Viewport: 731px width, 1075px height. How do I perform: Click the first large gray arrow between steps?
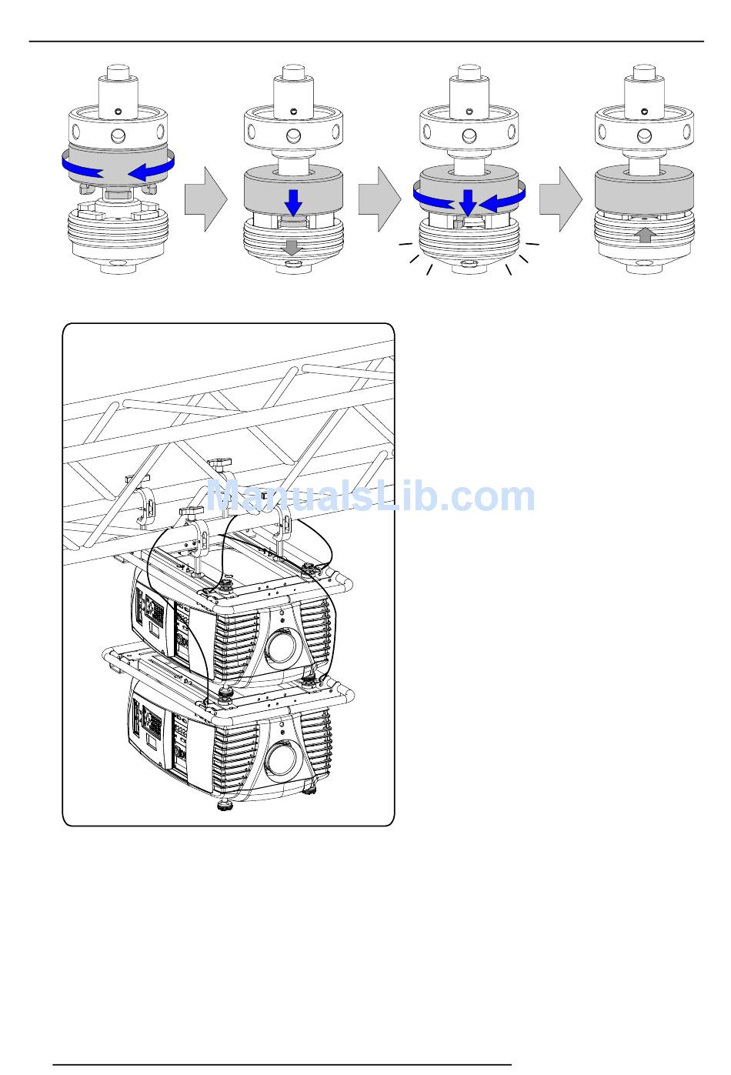pyautogui.click(x=205, y=199)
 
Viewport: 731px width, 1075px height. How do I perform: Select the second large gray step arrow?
pyautogui.click(x=379, y=199)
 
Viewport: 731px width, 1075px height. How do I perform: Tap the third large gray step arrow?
pyautogui.click(x=561, y=199)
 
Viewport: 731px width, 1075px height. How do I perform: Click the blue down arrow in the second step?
pyautogui.click(x=293, y=202)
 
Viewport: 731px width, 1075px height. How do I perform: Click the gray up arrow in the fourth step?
pyautogui.click(x=645, y=235)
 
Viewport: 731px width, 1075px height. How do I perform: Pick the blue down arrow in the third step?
pyautogui.click(x=468, y=203)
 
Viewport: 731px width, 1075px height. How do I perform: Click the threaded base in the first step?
pyautogui.click(x=118, y=230)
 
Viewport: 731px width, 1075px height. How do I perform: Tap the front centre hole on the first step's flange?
pyautogui.click(x=118, y=137)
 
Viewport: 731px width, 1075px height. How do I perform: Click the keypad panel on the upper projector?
pyautogui.click(x=154, y=609)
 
